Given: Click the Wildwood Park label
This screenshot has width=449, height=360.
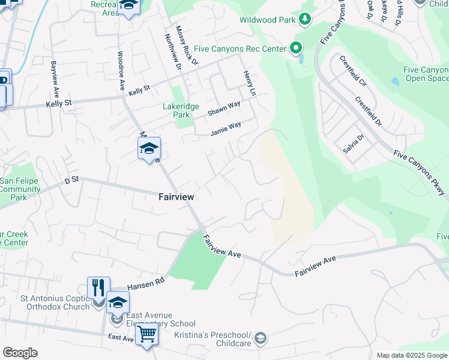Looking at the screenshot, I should click(267, 20).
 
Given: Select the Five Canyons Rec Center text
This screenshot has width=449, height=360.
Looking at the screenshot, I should click(244, 47).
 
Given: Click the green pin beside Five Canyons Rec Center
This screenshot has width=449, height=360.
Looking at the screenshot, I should click(295, 47).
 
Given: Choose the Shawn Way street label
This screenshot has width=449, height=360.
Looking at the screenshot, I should click(224, 109).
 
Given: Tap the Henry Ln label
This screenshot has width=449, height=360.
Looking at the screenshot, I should click(249, 83).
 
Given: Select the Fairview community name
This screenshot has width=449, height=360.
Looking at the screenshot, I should click(176, 196).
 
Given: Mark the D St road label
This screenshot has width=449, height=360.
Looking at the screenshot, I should click(72, 179).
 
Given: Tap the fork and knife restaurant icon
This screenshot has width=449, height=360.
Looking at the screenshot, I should click(98, 287).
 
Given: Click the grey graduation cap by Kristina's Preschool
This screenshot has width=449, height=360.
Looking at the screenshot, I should click(261, 339).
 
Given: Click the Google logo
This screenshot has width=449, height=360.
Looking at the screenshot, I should click(20, 353).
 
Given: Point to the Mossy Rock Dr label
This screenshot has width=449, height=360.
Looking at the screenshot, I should click(186, 45).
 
